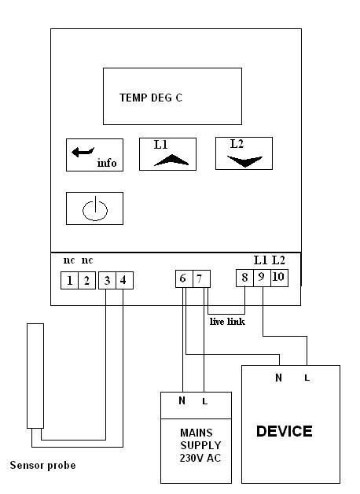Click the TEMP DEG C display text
tap(151, 98)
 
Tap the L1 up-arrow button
tap(167, 154)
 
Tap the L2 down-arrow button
tap(244, 153)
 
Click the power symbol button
tap(95, 208)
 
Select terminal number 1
tap(69, 280)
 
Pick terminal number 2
tap(86, 280)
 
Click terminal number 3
tap(107, 280)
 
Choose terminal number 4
tap(125, 280)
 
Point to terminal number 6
tap(184, 278)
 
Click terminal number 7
tap(201, 278)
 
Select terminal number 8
tap(244, 278)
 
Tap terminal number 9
tap(262, 278)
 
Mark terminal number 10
tap(280, 278)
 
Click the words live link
tap(227, 322)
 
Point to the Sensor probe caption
tap(42, 466)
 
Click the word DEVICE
tap(285, 431)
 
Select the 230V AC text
tap(200, 458)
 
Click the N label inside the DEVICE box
tap(278, 378)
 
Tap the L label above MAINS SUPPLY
tap(205, 401)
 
